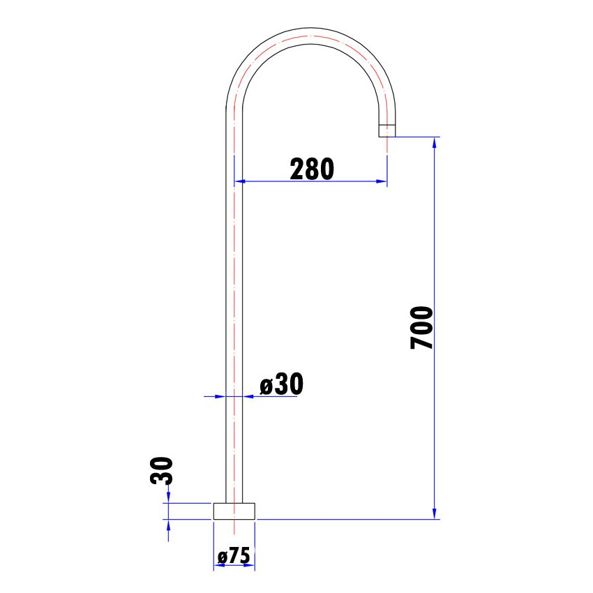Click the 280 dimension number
tap(313, 168)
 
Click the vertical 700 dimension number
tap(422, 327)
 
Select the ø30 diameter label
tap(281, 384)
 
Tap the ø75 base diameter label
tap(234, 556)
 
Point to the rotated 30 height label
tap(160, 471)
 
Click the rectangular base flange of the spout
tap(234, 511)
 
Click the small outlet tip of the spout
tap(387, 130)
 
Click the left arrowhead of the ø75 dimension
tap(218, 565)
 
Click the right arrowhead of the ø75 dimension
tap(251, 565)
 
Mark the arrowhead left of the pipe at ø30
tap(221, 396)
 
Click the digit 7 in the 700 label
tap(422, 342)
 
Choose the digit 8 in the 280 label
tap(313, 168)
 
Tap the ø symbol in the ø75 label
tap(222, 557)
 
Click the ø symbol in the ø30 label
tap(265, 386)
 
